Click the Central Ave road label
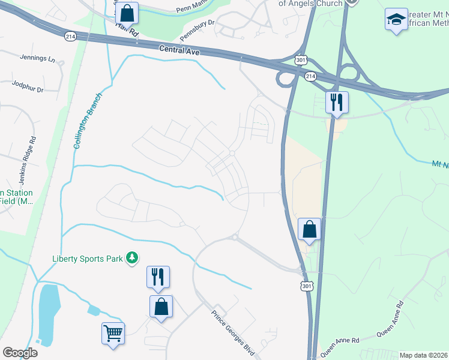(x=179, y=51)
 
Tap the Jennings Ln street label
(x=37, y=60)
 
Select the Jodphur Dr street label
(x=28, y=89)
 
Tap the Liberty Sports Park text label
(x=88, y=258)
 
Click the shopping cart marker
(x=113, y=333)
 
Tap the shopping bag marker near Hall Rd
(x=127, y=13)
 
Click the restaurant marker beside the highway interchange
(x=337, y=102)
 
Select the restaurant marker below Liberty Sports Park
(x=158, y=277)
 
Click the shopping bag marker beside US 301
(x=310, y=229)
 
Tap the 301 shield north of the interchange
(x=301, y=61)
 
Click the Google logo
(x=20, y=353)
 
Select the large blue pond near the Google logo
(x=49, y=315)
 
